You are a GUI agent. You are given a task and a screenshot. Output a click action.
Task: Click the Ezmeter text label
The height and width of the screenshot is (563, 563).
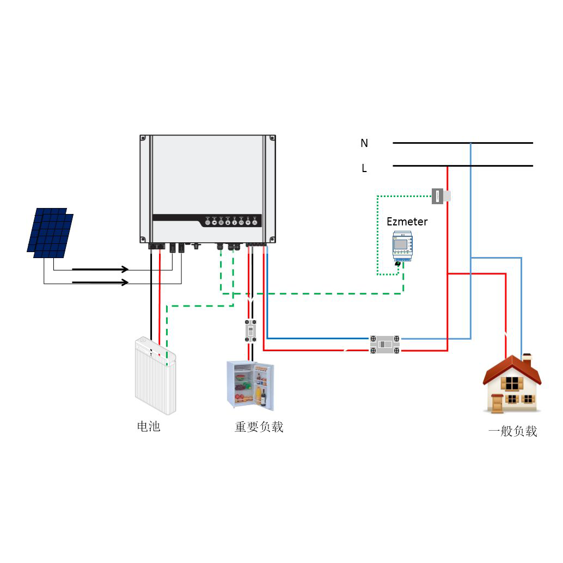click(x=407, y=222)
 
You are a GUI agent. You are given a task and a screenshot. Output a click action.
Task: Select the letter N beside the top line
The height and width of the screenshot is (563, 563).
click(x=364, y=143)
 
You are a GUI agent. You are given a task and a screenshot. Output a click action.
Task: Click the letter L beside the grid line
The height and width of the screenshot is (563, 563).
click(x=364, y=169)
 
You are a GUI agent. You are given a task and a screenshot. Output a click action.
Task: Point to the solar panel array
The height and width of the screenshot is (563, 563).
click(x=50, y=232)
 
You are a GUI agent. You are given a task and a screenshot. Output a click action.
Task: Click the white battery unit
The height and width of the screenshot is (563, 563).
click(x=155, y=375)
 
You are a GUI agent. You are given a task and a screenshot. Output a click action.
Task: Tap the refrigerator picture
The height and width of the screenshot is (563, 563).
click(x=250, y=385)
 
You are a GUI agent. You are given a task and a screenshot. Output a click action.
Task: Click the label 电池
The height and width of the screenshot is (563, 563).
click(x=149, y=426)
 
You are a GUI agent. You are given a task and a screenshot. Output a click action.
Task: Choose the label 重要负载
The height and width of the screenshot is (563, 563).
click(x=259, y=427)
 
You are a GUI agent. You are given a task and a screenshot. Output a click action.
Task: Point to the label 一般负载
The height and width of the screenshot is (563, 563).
click(x=512, y=432)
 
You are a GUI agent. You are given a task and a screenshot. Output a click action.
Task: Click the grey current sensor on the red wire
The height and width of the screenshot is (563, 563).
click(x=440, y=195)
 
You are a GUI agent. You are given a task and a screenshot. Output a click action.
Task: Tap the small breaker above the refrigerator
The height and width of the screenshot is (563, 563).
click(x=250, y=331)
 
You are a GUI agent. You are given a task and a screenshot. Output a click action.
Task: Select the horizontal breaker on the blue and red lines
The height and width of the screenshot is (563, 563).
click(x=385, y=345)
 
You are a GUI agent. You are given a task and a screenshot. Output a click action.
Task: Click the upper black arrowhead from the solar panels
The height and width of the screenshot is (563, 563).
click(x=125, y=269)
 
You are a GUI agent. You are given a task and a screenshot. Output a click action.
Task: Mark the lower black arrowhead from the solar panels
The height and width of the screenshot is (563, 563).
click(x=125, y=282)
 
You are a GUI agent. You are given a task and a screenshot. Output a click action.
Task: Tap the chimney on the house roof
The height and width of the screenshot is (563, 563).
click(x=527, y=360)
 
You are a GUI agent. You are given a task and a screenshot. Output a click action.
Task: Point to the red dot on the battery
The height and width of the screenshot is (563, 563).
click(x=160, y=355)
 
